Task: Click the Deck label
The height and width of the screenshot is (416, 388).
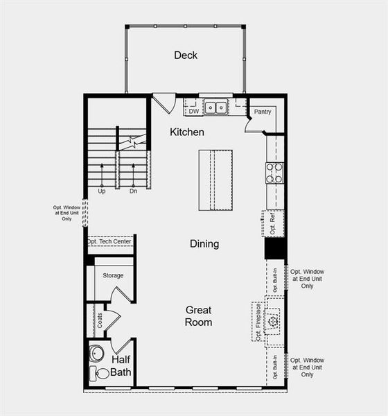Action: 186,55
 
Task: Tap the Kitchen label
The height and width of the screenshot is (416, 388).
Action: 187,132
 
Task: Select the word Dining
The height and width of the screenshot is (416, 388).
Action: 204,244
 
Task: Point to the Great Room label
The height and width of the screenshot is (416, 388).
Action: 198,316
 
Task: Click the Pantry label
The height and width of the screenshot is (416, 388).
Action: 262,112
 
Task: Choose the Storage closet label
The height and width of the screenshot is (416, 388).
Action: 113,276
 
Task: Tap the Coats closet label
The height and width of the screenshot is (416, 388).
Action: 100,320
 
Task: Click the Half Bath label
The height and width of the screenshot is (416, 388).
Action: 121,366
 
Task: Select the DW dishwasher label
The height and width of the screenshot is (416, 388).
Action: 193,110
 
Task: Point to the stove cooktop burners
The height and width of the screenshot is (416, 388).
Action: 274,173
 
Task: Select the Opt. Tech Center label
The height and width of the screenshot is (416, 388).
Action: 110,242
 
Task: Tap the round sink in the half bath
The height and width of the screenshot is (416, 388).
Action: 96,353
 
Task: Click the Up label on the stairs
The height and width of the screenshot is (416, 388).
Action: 102,191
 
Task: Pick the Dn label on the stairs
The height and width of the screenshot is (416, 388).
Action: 133,191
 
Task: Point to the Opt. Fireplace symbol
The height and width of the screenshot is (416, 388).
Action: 274,322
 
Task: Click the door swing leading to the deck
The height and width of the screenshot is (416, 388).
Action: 164,104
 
